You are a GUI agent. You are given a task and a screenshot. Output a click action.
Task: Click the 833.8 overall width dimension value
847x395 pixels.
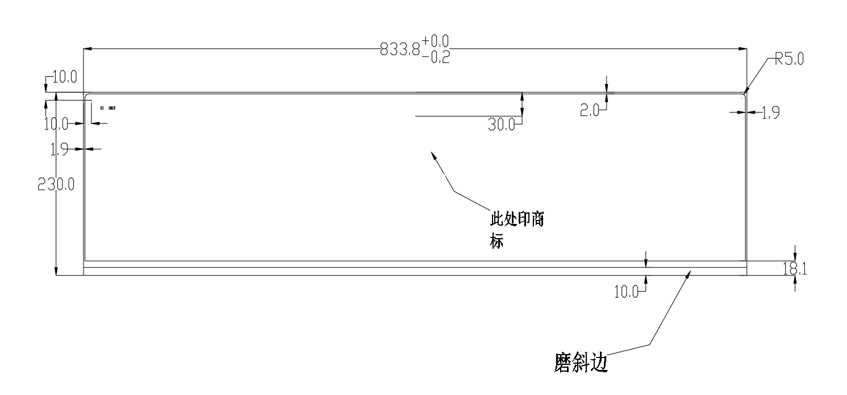tap(400, 50)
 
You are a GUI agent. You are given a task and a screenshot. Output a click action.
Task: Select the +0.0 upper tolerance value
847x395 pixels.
tap(435, 41)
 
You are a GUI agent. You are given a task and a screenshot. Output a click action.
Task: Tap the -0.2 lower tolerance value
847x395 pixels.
tap(436, 57)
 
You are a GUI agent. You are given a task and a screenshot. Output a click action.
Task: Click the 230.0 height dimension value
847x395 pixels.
tap(56, 184)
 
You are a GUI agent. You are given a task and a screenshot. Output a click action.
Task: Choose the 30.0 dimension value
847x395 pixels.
tap(501, 124)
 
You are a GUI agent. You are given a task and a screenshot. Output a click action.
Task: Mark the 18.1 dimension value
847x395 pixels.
tap(795, 269)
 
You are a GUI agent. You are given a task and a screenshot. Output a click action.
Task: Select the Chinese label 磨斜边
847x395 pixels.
tap(581, 363)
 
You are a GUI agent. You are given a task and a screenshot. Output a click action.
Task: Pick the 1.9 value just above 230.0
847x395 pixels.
tap(60, 149)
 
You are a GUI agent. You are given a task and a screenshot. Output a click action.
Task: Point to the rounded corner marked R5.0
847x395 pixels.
tap(743, 95)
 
